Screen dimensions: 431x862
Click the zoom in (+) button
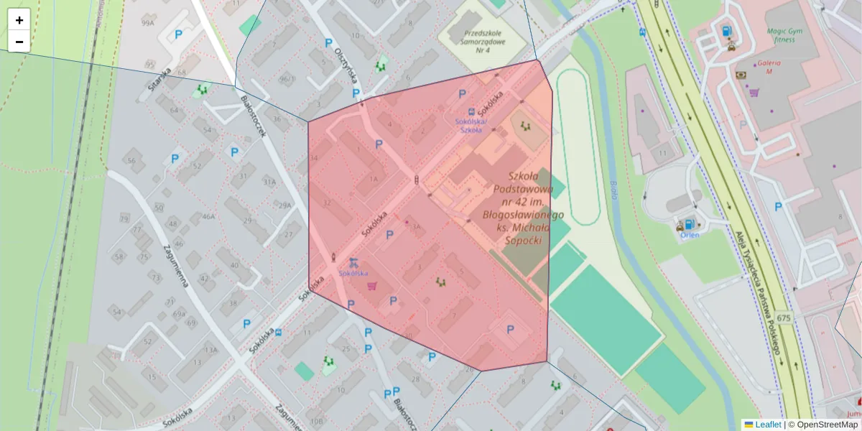[x=19, y=20]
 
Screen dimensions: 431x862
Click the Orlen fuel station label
[x=690, y=235]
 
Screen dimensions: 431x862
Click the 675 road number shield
[x=783, y=318]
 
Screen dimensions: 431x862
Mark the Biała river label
[x=613, y=190]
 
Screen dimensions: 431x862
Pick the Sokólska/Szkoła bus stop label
[x=471, y=126]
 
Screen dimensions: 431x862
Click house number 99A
[x=148, y=23]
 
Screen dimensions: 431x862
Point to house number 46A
[x=208, y=216]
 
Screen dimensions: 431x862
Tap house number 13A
[x=210, y=350]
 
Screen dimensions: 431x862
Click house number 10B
[x=316, y=420]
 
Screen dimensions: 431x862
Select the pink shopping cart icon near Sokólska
[x=371, y=286]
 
